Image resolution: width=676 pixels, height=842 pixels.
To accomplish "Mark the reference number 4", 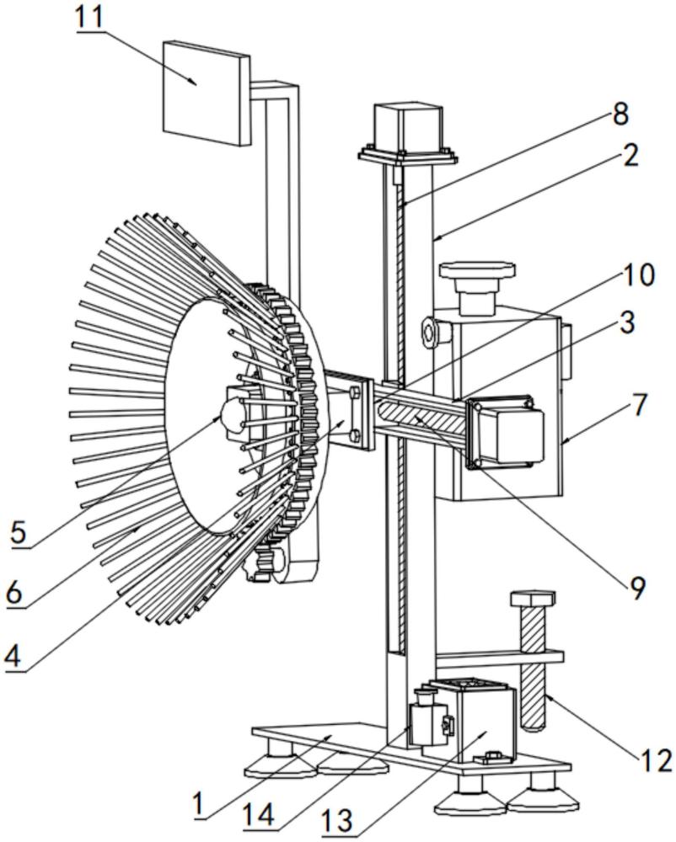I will click(13, 655).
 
